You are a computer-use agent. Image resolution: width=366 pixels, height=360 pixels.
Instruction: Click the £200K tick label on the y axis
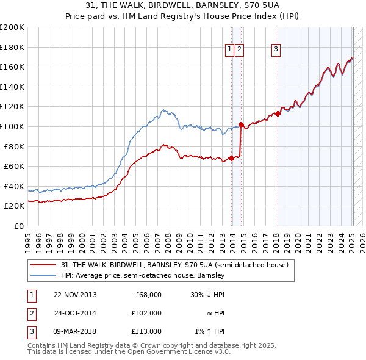point(12,27)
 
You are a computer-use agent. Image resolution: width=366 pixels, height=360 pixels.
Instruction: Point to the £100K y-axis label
point(12,126)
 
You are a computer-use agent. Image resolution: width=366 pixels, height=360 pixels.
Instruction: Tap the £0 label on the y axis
point(18,226)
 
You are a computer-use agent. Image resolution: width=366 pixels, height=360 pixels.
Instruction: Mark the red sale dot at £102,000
point(242,124)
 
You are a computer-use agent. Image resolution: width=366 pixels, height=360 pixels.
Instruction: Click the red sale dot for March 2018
point(278,113)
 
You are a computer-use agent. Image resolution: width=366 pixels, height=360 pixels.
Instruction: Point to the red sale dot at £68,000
point(232,158)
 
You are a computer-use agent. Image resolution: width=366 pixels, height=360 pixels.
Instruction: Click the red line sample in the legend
point(43,265)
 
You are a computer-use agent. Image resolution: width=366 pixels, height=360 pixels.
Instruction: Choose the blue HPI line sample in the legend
point(43,275)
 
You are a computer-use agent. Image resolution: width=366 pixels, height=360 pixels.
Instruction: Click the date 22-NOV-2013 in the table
point(75,295)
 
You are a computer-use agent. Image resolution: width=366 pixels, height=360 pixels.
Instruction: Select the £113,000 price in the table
point(147,331)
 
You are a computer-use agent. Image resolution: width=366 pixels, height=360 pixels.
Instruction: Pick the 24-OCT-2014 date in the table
point(75,313)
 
